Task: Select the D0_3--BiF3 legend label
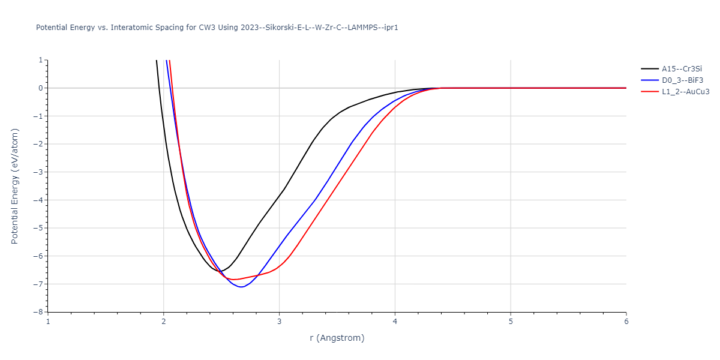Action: (682, 80)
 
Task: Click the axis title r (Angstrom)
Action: (337, 338)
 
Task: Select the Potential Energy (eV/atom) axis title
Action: (15, 186)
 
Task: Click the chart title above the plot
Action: (217, 28)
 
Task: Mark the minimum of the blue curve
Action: (241, 287)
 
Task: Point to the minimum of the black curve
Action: (220, 271)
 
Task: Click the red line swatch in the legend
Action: (650, 92)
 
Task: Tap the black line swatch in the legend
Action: (650, 68)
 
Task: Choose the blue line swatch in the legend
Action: (650, 80)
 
